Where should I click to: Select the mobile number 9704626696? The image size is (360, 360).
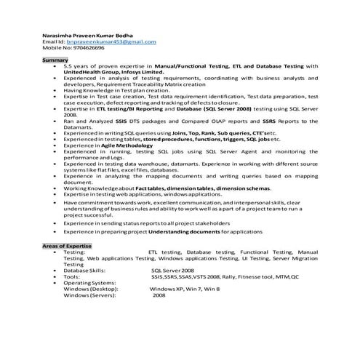[85, 51]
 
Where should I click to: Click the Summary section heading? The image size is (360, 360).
[54, 60]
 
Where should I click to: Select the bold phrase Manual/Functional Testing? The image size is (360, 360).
[189, 66]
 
